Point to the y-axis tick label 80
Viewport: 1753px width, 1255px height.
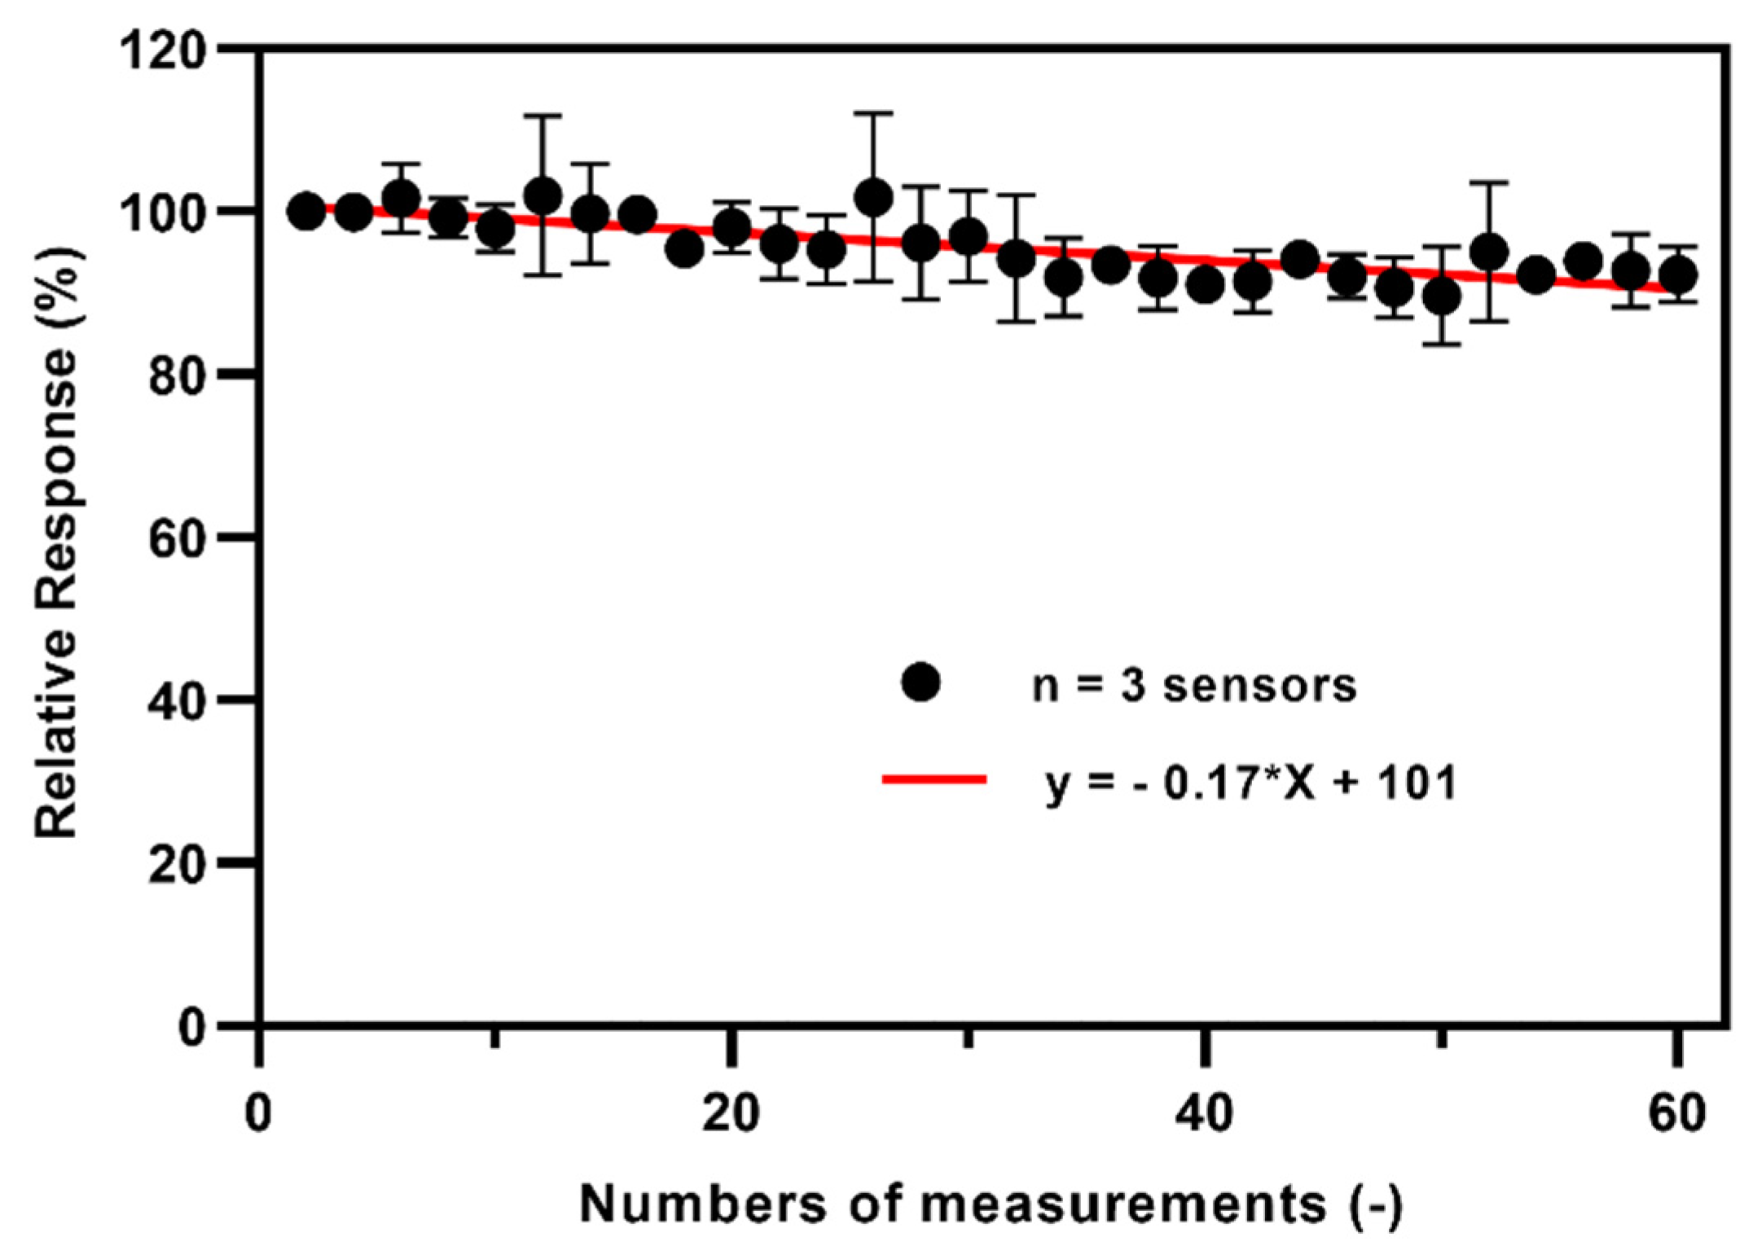pos(174,377)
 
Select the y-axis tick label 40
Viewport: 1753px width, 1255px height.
pos(174,702)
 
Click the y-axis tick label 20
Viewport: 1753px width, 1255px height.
pos(174,865)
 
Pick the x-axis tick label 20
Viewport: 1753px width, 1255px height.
pos(731,1113)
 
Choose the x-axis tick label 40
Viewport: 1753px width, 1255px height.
pos(1203,1113)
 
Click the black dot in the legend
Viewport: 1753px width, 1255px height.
pos(920,682)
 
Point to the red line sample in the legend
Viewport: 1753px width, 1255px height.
pos(934,780)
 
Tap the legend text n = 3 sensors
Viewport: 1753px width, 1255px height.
pos(1193,685)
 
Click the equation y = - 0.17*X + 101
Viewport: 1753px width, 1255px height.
pos(1250,783)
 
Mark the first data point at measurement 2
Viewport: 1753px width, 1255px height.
pos(306,212)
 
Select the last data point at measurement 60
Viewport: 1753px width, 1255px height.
pos(1677,275)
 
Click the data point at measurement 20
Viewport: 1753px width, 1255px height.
pos(732,228)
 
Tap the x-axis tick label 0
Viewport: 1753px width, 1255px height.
pos(258,1113)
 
